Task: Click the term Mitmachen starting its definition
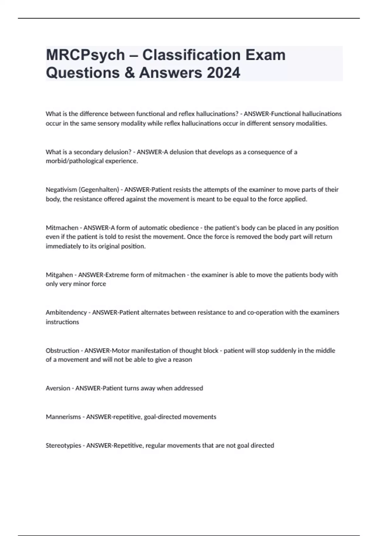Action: coord(62,228)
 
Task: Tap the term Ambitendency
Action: coord(66,312)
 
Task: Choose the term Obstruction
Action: coord(62,350)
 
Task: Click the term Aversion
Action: coord(58,388)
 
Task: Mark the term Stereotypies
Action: coord(63,446)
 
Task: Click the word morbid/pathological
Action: coord(73,161)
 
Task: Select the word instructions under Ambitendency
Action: coord(62,322)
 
